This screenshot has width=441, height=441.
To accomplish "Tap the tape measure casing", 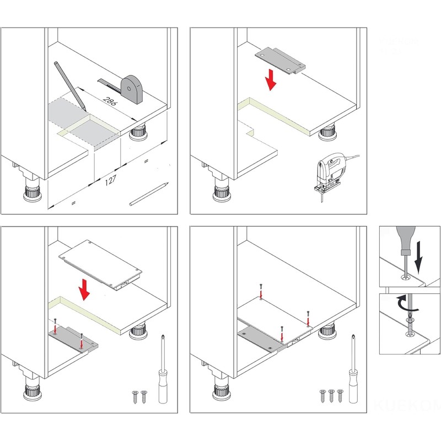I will point(132,89).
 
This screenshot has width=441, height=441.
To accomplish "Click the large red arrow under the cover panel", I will point(84,289).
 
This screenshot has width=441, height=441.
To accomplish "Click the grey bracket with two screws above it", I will point(71,337).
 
